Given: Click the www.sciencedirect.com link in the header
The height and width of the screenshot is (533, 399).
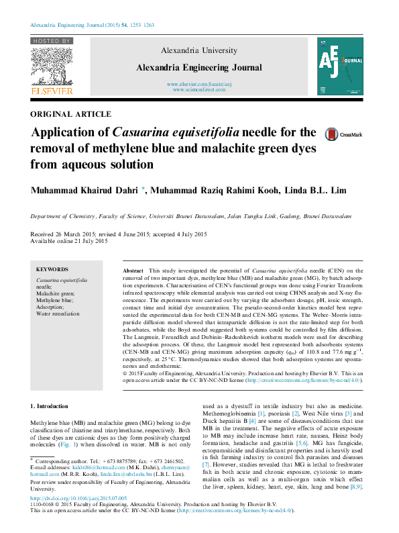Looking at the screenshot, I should pyautogui.click(x=199, y=89).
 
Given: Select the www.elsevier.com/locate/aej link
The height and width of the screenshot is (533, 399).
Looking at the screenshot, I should pyautogui.click(x=199, y=84).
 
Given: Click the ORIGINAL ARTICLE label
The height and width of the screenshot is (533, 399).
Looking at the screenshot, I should pyautogui.click(x=71, y=114).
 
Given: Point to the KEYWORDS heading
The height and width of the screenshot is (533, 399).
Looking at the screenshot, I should pyautogui.click(x=52, y=269).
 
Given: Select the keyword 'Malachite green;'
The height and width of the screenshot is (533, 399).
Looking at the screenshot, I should pyautogui.click(x=56, y=293).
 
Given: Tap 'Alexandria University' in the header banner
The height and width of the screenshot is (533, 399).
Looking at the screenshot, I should pyautogui.click(x=199, y=51).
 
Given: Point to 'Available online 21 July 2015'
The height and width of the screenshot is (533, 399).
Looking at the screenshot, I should pyautogui.click(x=69, y=241).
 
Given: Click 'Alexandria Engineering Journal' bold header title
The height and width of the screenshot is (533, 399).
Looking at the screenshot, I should pyautogui.click(x=199, y=67).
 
